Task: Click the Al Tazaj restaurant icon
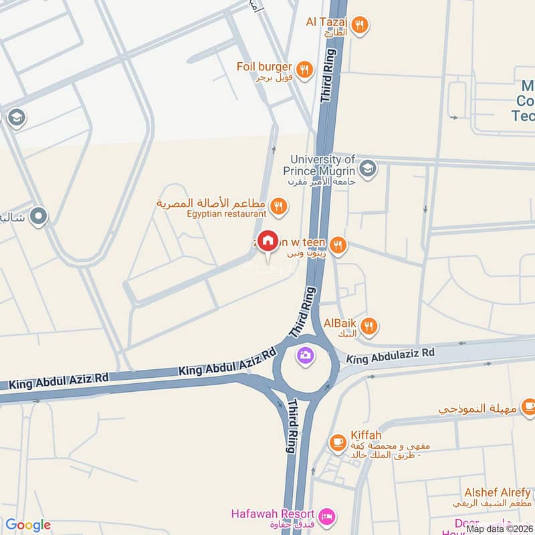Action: coord(360,25)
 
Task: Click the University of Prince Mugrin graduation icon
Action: coord(367,167)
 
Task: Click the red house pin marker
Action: coord(268,241)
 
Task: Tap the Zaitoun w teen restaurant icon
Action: coord(338,246)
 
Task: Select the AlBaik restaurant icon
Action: coord(369,326)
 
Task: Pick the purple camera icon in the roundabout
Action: coord(306,355)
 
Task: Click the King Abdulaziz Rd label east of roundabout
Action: coord(391,356)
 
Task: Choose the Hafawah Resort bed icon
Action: coord(328,516)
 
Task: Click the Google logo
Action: coord(28,525)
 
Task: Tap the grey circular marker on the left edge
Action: coord(38,217)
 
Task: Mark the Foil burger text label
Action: coord(264,67)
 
